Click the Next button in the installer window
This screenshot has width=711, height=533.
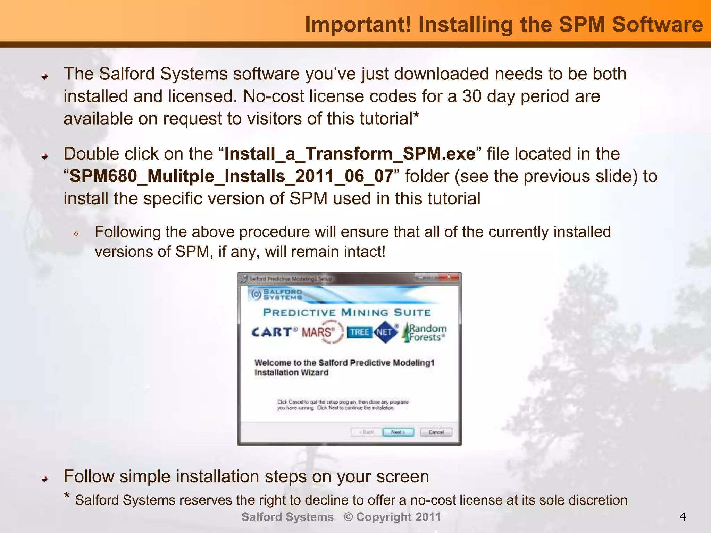click(398, 432)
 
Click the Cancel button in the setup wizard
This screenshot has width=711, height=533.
click(436, 432)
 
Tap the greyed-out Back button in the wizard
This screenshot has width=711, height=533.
click(366, 432)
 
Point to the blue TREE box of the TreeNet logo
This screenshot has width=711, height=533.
click(359, 332)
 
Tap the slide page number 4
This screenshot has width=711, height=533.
click(682, 517)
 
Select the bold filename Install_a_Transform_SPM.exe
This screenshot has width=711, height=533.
click(350, 154)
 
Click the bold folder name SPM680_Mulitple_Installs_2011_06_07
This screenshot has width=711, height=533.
click(231, 176)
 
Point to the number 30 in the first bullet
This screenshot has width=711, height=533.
click(472, 96)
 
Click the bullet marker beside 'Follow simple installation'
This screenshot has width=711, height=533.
click(44, 479)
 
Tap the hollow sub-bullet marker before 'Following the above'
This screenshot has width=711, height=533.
click(76, 234)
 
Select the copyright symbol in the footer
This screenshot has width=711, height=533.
click(348, 517)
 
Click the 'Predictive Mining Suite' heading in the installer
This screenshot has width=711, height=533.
click(346, 312)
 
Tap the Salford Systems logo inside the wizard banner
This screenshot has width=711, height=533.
click(276, 294)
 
